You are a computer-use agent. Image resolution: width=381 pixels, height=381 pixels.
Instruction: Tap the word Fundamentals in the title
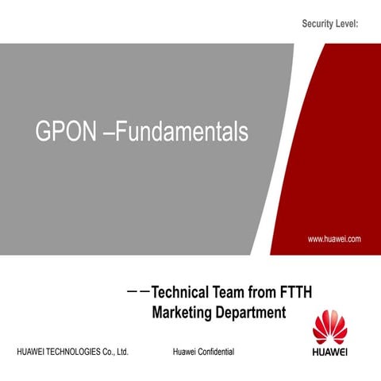[182, 133]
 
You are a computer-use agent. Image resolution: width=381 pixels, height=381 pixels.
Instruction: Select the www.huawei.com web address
[334, 237]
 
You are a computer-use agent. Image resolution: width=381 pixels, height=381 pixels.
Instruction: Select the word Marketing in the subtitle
[182, 312]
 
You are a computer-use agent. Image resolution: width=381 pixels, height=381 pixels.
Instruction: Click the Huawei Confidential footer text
[202, 351]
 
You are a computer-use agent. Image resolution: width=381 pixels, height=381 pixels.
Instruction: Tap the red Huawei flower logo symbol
[330, 329]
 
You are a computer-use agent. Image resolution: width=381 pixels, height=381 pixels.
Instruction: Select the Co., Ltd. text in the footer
[117, 351]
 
